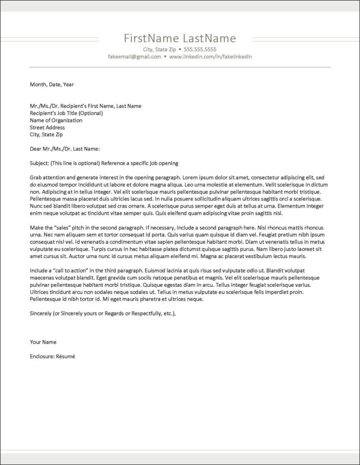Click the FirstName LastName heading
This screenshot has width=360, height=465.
click(x=180, y=39)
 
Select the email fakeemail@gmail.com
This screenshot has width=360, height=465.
click(x=135, y=57)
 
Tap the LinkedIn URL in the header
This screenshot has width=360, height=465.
click(x=211, y=57)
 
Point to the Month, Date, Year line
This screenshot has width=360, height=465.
click(x=52, y=84)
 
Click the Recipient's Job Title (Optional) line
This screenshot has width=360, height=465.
click(x=66, y=113)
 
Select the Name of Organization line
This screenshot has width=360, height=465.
click(x=56, y=120)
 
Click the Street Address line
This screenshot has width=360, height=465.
click(x=47, y=127)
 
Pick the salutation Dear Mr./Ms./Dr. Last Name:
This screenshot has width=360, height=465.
click(x=65, y=149)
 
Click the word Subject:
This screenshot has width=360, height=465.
click(x=39, y=163)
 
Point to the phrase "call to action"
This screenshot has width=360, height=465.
click(x=68, y=270)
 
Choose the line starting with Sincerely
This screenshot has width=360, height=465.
click(x=103, y=313)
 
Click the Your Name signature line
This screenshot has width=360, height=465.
click(x=43, y=342)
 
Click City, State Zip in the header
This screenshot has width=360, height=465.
click(x=159, y=49)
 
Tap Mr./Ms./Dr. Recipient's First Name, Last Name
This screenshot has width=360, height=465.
click(x=85, y=106)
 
